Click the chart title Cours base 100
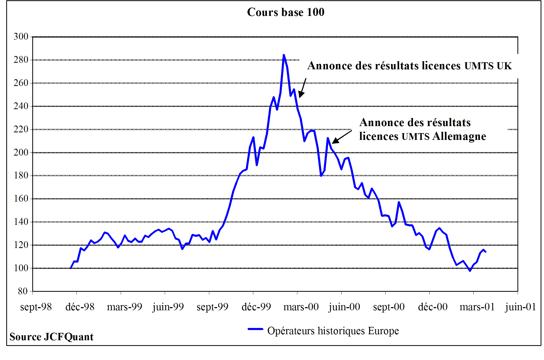[x=286, y=12]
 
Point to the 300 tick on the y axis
[x=21, y=36]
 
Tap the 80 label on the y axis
[x=23, y=291]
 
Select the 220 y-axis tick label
[x=21, y=129]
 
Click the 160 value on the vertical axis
[x=21, y=199]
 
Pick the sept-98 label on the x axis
[x=36, y=307]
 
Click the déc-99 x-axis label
[x=256, y=307]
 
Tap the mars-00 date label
[x=301, y=307]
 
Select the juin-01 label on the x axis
[x=520, y=307]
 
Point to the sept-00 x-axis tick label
[x=389, y=307]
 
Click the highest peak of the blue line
[x=284, y=55]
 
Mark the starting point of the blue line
[x=71, y=268]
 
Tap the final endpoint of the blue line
[x=486, y=252]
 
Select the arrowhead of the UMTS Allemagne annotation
[x=334, y=142]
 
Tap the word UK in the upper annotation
[x=504, y=66]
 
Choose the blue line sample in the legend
[x=255, y=329]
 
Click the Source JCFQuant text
[x=52, y=337]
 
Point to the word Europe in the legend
[x=383, y=331]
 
